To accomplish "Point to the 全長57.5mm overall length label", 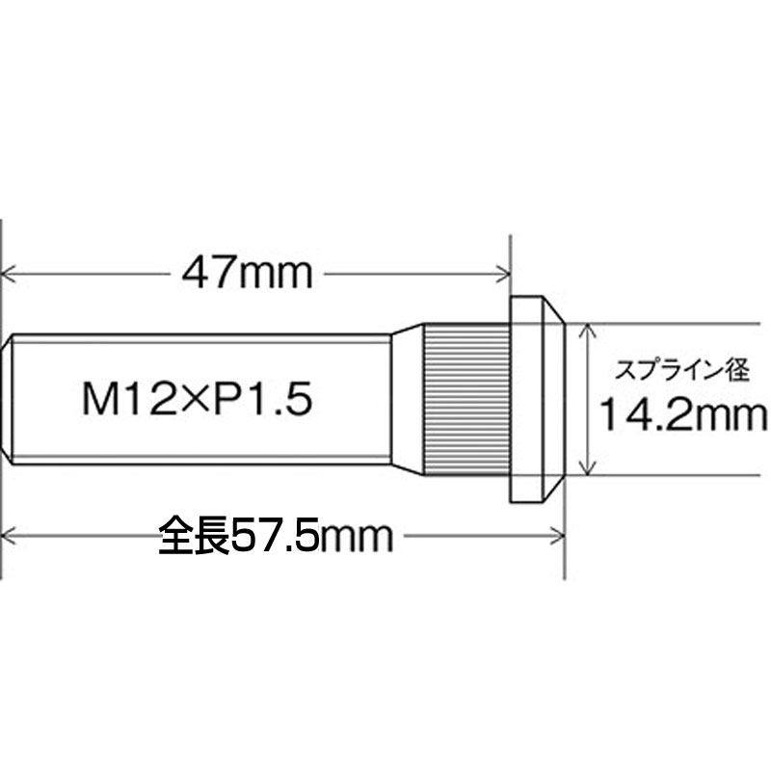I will coord(277,536).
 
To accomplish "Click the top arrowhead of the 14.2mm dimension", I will coord(585,331).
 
